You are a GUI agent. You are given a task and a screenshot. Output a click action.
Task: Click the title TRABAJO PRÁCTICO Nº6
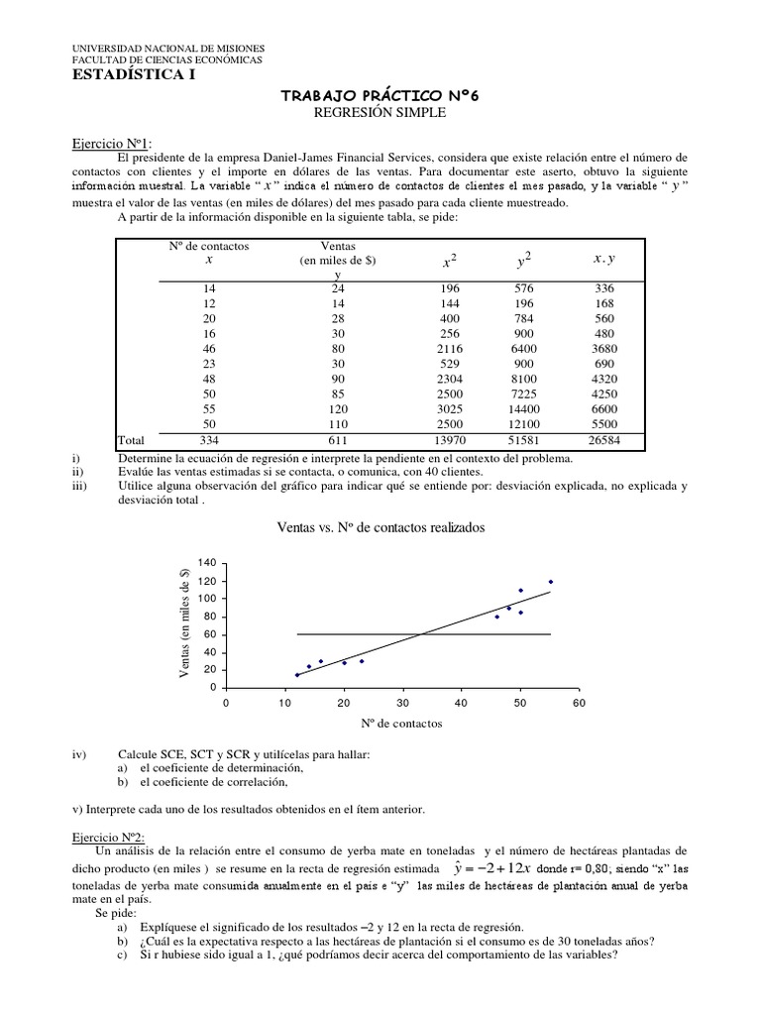pyautogui.click(x=380, y=96)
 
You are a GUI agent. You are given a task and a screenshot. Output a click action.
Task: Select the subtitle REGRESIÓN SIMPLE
pyautogui.click(x=380, y=113)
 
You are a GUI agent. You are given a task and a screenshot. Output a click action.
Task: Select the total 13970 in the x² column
pyautogui.click(x=449, y=439)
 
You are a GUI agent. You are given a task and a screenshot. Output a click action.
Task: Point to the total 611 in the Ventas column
pyautogui.click(x=338, y=439)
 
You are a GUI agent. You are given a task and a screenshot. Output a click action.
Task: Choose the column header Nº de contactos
pyautogui.click(x=209, y=245)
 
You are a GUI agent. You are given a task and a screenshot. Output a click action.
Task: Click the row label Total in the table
pyautogui.click(x=133, y=439)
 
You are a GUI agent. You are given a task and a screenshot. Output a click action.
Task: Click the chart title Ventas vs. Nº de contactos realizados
pyautogui.click(x=381, y=528)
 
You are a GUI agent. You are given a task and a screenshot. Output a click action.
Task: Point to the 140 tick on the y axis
pyautogui.click(x=206, y=563)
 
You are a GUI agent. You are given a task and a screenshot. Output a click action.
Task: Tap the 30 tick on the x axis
pyautogui.click(x=401, y=703)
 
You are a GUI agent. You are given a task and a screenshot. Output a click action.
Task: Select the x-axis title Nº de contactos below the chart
pyautogui.click(x=401, y=724)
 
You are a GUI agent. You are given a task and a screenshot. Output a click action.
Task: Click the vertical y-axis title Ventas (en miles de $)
pyautogui.click(x=184, y=624)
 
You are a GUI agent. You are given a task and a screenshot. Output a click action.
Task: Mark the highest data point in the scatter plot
pyautogui.click(x=550, y=582)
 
